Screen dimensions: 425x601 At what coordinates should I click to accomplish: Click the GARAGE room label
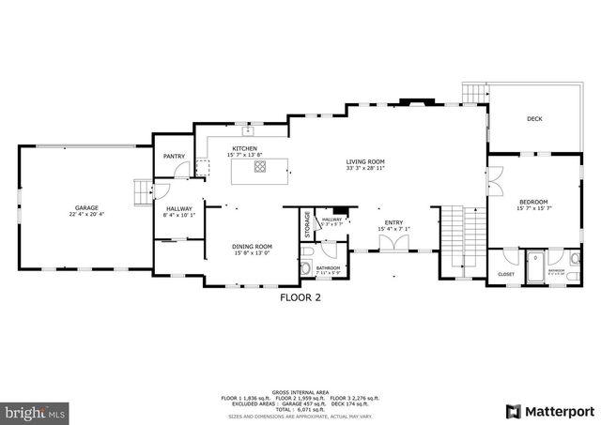coord(86,207)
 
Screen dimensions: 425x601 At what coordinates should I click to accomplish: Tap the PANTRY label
coord(174,157)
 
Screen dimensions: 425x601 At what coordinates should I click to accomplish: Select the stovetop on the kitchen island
coord(259,168)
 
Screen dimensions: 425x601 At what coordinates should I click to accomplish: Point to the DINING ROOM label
coord(252,246)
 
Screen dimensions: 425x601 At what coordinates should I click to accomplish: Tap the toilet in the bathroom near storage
coord(306,268)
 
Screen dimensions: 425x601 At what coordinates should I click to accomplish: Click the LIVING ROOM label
coord(365,161)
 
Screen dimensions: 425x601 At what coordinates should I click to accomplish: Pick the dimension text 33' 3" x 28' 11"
coord(365,170)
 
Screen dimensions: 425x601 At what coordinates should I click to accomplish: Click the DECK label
coord(534,119)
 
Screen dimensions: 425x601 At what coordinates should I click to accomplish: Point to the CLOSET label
coord(506,274)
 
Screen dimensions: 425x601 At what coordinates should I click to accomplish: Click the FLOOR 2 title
coord(300,298)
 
